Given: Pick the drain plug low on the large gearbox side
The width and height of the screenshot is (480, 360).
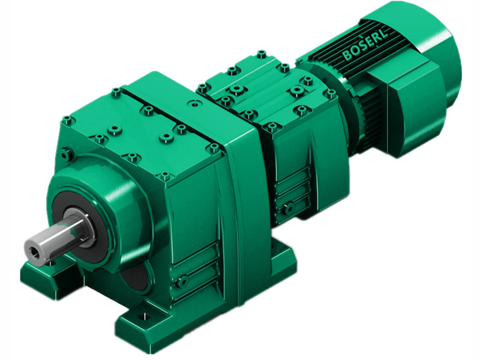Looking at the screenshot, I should click(x=181, y=280).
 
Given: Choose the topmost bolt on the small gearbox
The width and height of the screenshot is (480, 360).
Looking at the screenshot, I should click(x=260, y=55).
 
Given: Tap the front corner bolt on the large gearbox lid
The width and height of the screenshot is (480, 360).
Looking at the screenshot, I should click(x=165, y=176).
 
